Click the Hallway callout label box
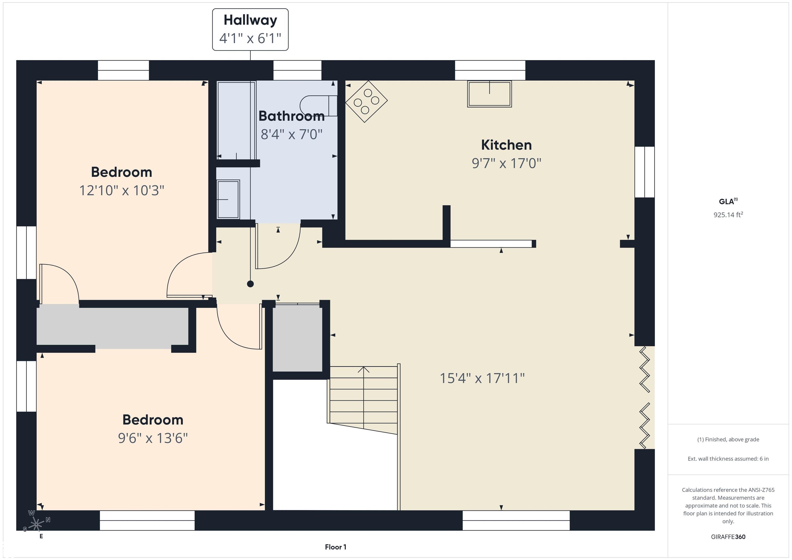click(x=250, y=30)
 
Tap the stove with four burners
click(x=366, y=101)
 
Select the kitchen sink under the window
click(x=490, y=94)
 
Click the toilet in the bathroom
click(x=318, y=105)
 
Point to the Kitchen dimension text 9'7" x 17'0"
click(x=506, y=163)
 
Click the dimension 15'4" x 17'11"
click(x=482, y=378)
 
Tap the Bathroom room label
click(x=292, y=116)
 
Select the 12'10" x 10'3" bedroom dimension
click(x=121, y=190)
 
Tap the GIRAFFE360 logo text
click(x=728, y=537)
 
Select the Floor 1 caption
click(x=336, y=547)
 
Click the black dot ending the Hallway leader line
click(x=250, y=284)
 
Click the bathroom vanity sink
click(x=228, y=199)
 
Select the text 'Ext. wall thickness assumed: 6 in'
click(x=728, y=459)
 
